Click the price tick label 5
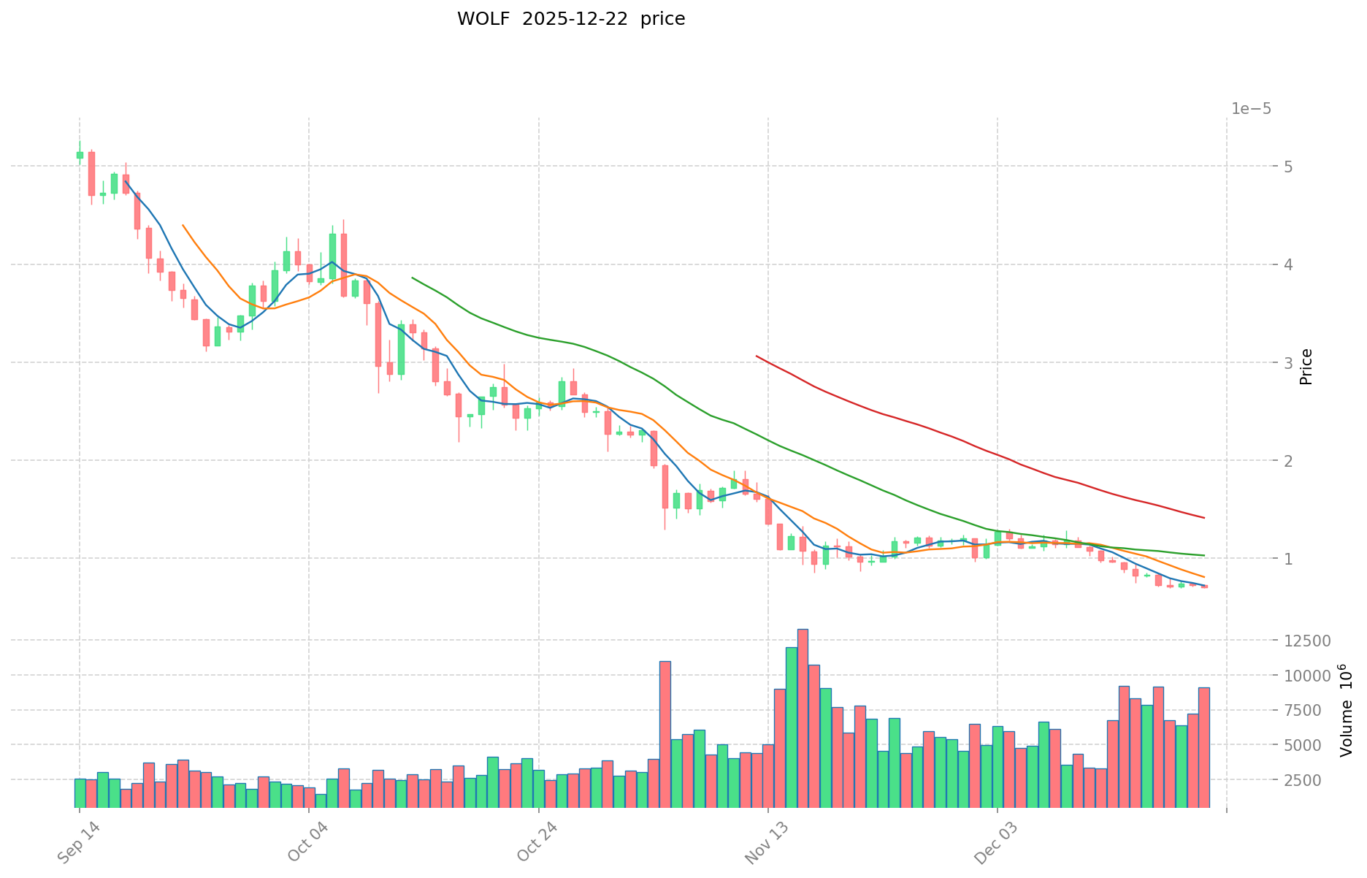tap(1242, 167)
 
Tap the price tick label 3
tap(1242, 363)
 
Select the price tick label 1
tap(1242, 559)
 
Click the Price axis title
tap(1306, 367)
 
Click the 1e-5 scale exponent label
tap(1251, 110)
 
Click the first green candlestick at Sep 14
tap(80, 155)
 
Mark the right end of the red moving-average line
tap(1204, 518)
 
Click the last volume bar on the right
tap(1203, 747)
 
